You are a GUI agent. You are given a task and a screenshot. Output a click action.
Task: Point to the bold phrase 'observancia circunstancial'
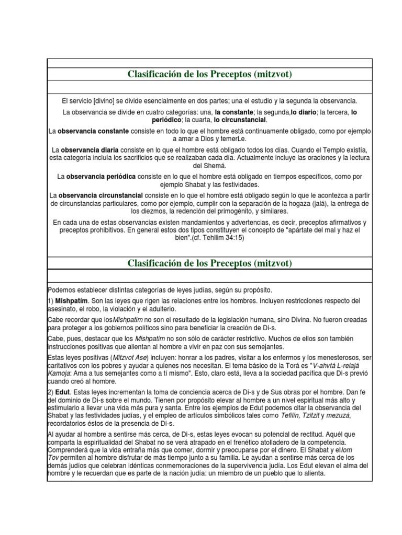pos(100,195)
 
